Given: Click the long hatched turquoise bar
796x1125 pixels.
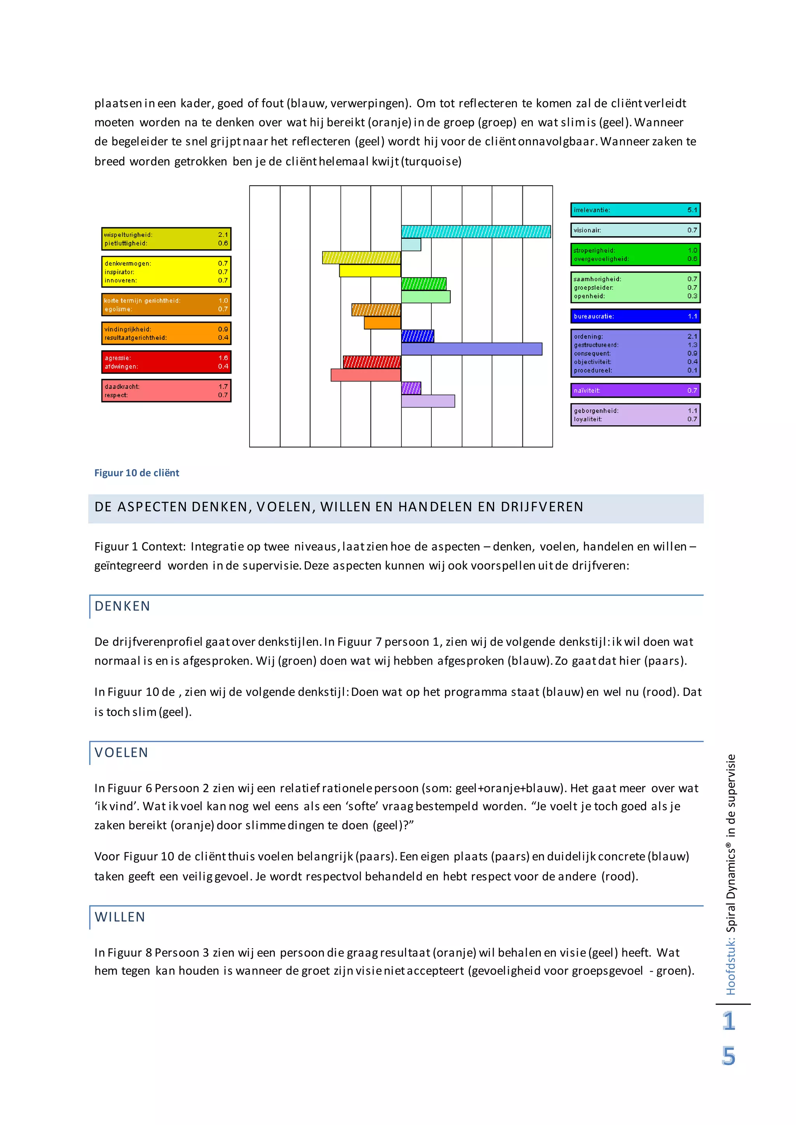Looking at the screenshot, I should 475,231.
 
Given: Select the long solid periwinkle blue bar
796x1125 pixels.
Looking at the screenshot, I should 471,349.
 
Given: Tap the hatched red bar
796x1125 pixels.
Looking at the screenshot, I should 372,362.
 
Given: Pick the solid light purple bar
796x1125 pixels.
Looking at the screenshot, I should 428,401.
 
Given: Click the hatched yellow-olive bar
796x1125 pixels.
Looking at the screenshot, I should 361,257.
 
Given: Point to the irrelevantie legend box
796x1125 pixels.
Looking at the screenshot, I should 635,210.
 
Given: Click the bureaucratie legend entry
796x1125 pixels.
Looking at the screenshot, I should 635,316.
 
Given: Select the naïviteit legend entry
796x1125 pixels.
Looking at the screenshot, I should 635,390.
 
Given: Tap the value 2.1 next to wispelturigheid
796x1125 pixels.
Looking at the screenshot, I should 223,235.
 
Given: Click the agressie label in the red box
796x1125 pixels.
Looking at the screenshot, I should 118,358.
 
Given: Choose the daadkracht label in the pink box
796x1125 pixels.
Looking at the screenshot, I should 122,387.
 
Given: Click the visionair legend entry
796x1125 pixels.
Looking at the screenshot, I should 635,230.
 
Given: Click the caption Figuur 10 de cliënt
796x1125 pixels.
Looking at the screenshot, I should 137,473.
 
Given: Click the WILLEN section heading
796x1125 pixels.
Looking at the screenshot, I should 120,917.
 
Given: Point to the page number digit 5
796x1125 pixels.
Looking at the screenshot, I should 728,1056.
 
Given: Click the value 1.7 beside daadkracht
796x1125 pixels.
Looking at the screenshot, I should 223,387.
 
